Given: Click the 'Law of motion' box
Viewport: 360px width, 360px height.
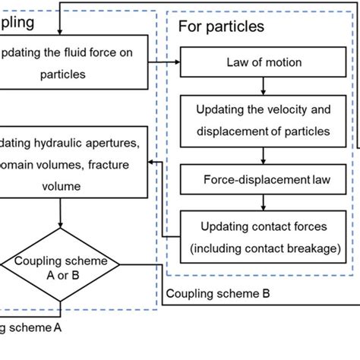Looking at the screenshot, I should pyautogui.click(x=263, y=62).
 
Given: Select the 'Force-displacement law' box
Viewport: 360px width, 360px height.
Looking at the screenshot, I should pyautogui.click(x=263, y=180).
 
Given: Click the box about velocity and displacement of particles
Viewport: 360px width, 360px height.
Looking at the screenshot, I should pyautogui.click(x=263, y=121).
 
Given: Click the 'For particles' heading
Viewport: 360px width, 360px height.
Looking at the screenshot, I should pyautogui.click(x=221, y=27).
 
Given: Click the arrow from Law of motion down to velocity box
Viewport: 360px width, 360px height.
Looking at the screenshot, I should pyautogui.click(x=263, y=84).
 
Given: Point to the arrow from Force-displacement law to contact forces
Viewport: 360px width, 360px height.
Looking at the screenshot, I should pyautogui.click(x=263, y=203).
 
